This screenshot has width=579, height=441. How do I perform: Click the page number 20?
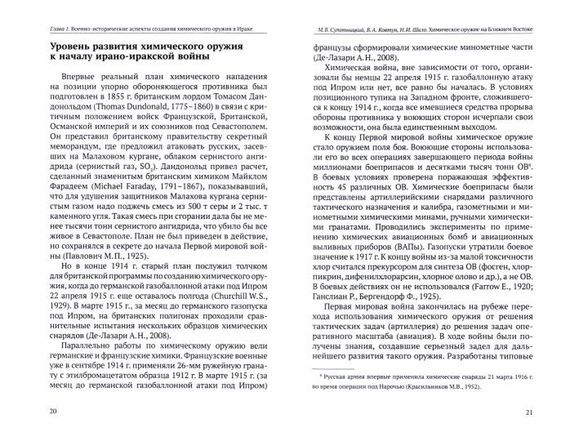point(54,410)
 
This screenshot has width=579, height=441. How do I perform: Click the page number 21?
point(529,410)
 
